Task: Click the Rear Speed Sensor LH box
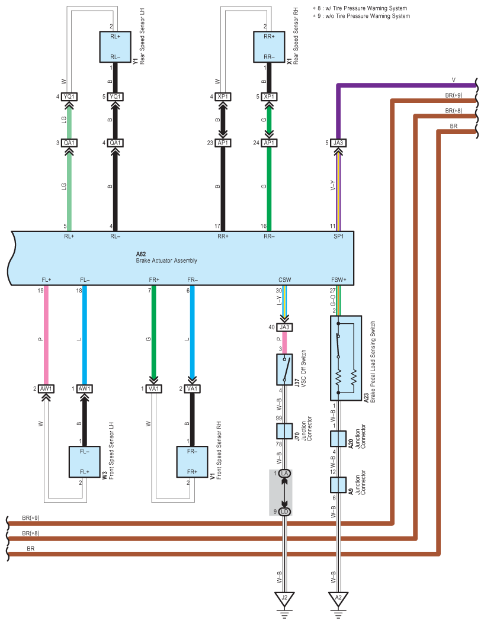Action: click(x=115, y=46)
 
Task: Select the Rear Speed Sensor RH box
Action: click(x=269, y=46)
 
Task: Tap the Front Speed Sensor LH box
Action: click(x=84, y=462)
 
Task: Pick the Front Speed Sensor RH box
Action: click(x=192, y=462)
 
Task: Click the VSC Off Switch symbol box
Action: click(x=284, y=369)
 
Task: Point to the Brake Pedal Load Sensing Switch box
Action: click(x=345, y=358)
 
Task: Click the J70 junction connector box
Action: click(x=284, y=431)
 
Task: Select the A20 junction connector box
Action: click(x=338, y=439)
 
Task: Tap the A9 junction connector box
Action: click(x=338, y=485)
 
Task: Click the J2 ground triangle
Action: click(x=284, y=598)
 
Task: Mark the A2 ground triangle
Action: click(x=338, y=598)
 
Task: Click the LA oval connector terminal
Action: click(x=284, y=474)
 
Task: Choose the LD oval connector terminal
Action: click(x=284, y=511)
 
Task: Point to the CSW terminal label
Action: click(x=284, y=279)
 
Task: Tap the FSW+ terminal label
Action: click(x=339, y=279)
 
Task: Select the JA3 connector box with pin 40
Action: click(x=284, y=327)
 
